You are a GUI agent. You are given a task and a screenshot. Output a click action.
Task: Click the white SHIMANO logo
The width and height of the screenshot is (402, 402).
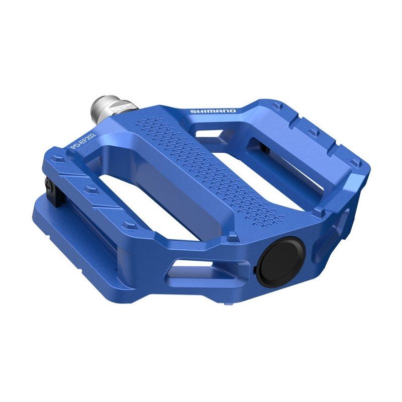(x=213, y=111)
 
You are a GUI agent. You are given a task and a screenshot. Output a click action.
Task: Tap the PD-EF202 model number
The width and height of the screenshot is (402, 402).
(x=83, y=142)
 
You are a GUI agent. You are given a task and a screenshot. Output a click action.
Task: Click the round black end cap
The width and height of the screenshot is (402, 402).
(x=281, y=261)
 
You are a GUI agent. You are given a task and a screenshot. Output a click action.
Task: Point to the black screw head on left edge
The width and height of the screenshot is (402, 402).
(x=49, y=184)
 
